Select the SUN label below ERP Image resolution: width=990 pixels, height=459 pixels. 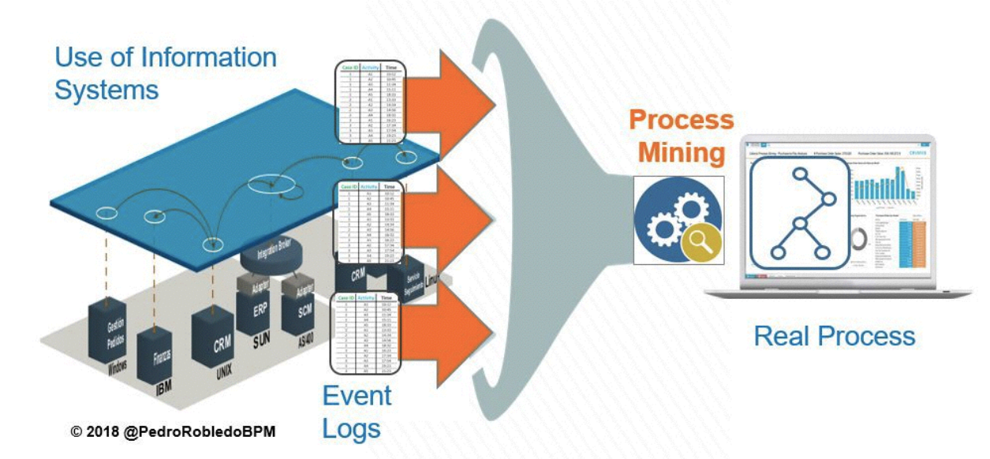261,344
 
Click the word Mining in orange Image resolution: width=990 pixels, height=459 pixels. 681,152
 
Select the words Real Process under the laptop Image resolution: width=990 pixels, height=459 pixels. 834,336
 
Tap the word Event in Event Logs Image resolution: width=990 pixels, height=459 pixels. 357,395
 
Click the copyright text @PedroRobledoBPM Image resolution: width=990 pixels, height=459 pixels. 173,432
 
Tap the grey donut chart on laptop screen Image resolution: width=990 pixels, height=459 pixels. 863,237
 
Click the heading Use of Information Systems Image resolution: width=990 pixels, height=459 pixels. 165,73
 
